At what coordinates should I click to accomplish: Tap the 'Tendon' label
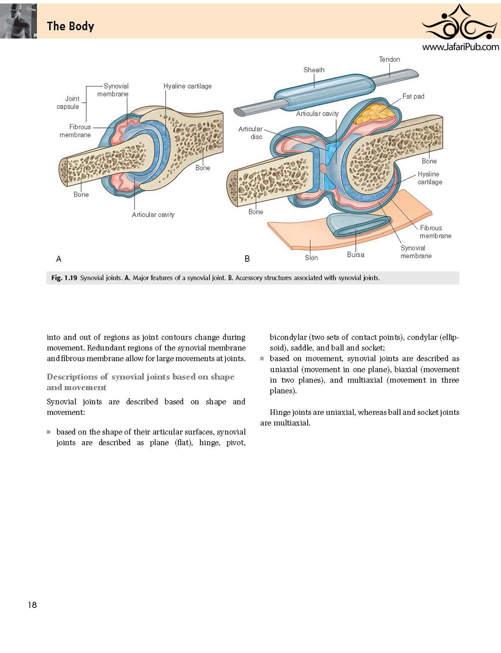389,59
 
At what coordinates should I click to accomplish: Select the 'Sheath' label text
314,70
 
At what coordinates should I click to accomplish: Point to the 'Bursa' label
355,254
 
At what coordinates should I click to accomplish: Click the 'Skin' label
311,258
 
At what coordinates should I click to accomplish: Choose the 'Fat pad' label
413,96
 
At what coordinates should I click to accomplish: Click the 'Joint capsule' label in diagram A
68,103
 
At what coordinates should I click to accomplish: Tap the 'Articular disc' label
250,133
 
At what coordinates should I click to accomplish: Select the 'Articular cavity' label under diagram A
153,215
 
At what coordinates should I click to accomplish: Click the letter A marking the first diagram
59,259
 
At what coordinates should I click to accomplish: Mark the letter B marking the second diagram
247,259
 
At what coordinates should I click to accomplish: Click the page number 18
32,604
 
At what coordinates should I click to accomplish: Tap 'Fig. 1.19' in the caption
64,278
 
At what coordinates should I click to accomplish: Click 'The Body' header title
71,26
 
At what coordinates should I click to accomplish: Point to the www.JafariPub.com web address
460,47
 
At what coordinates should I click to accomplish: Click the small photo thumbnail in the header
18,21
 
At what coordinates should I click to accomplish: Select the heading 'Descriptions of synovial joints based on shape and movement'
141,382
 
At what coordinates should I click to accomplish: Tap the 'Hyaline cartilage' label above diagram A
188,86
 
